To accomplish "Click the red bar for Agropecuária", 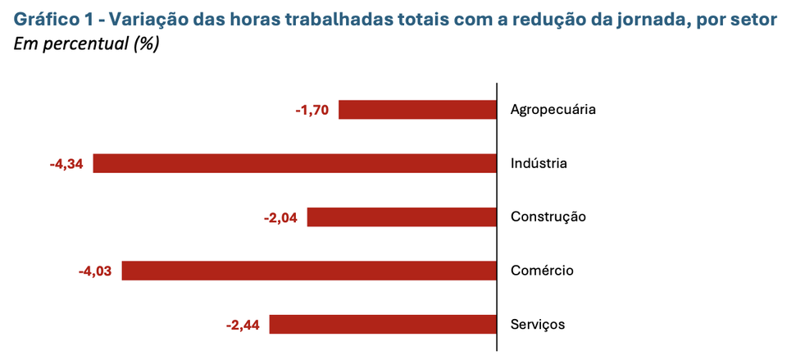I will click(x=418, y=110).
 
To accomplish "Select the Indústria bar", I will click(x=295, y=163).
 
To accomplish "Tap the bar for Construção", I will click(x=403, y=217).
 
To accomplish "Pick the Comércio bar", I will click(x=310, y=271).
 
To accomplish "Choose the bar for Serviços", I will click(x=384, y=325).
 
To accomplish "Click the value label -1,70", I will click(x=312, y=110).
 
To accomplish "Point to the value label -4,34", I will click(x=66, y=164).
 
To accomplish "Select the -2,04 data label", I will click(x=280, y=217).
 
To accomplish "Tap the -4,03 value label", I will click(x=95, y=271).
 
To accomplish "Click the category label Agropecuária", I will click(x=553, y=110).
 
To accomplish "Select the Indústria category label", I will click(x=539, y=164).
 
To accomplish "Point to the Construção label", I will click(x=548, y=217).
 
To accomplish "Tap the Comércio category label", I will click(x=542, y=271).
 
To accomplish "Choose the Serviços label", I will click(x=538, y=325).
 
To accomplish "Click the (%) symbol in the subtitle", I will click(x=145, y=43).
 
